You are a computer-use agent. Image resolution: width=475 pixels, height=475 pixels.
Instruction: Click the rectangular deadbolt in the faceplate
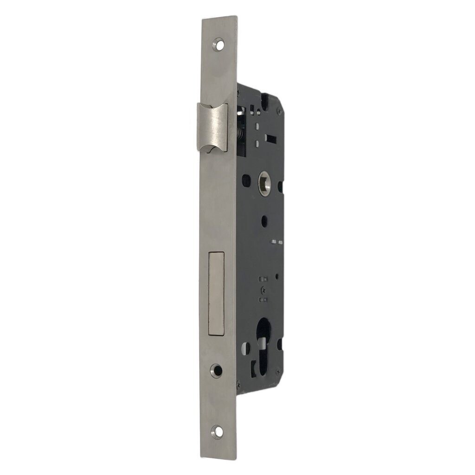tap(217, 293)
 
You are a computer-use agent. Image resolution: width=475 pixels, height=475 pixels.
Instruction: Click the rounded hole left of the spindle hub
tap(246, 180)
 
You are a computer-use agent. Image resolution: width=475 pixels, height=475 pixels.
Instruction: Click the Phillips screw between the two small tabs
tap(263, 289)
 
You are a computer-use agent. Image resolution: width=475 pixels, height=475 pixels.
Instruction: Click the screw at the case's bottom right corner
tap(278, 371)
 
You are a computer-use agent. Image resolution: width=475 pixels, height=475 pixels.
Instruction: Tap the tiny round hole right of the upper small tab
tap(277, 276)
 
